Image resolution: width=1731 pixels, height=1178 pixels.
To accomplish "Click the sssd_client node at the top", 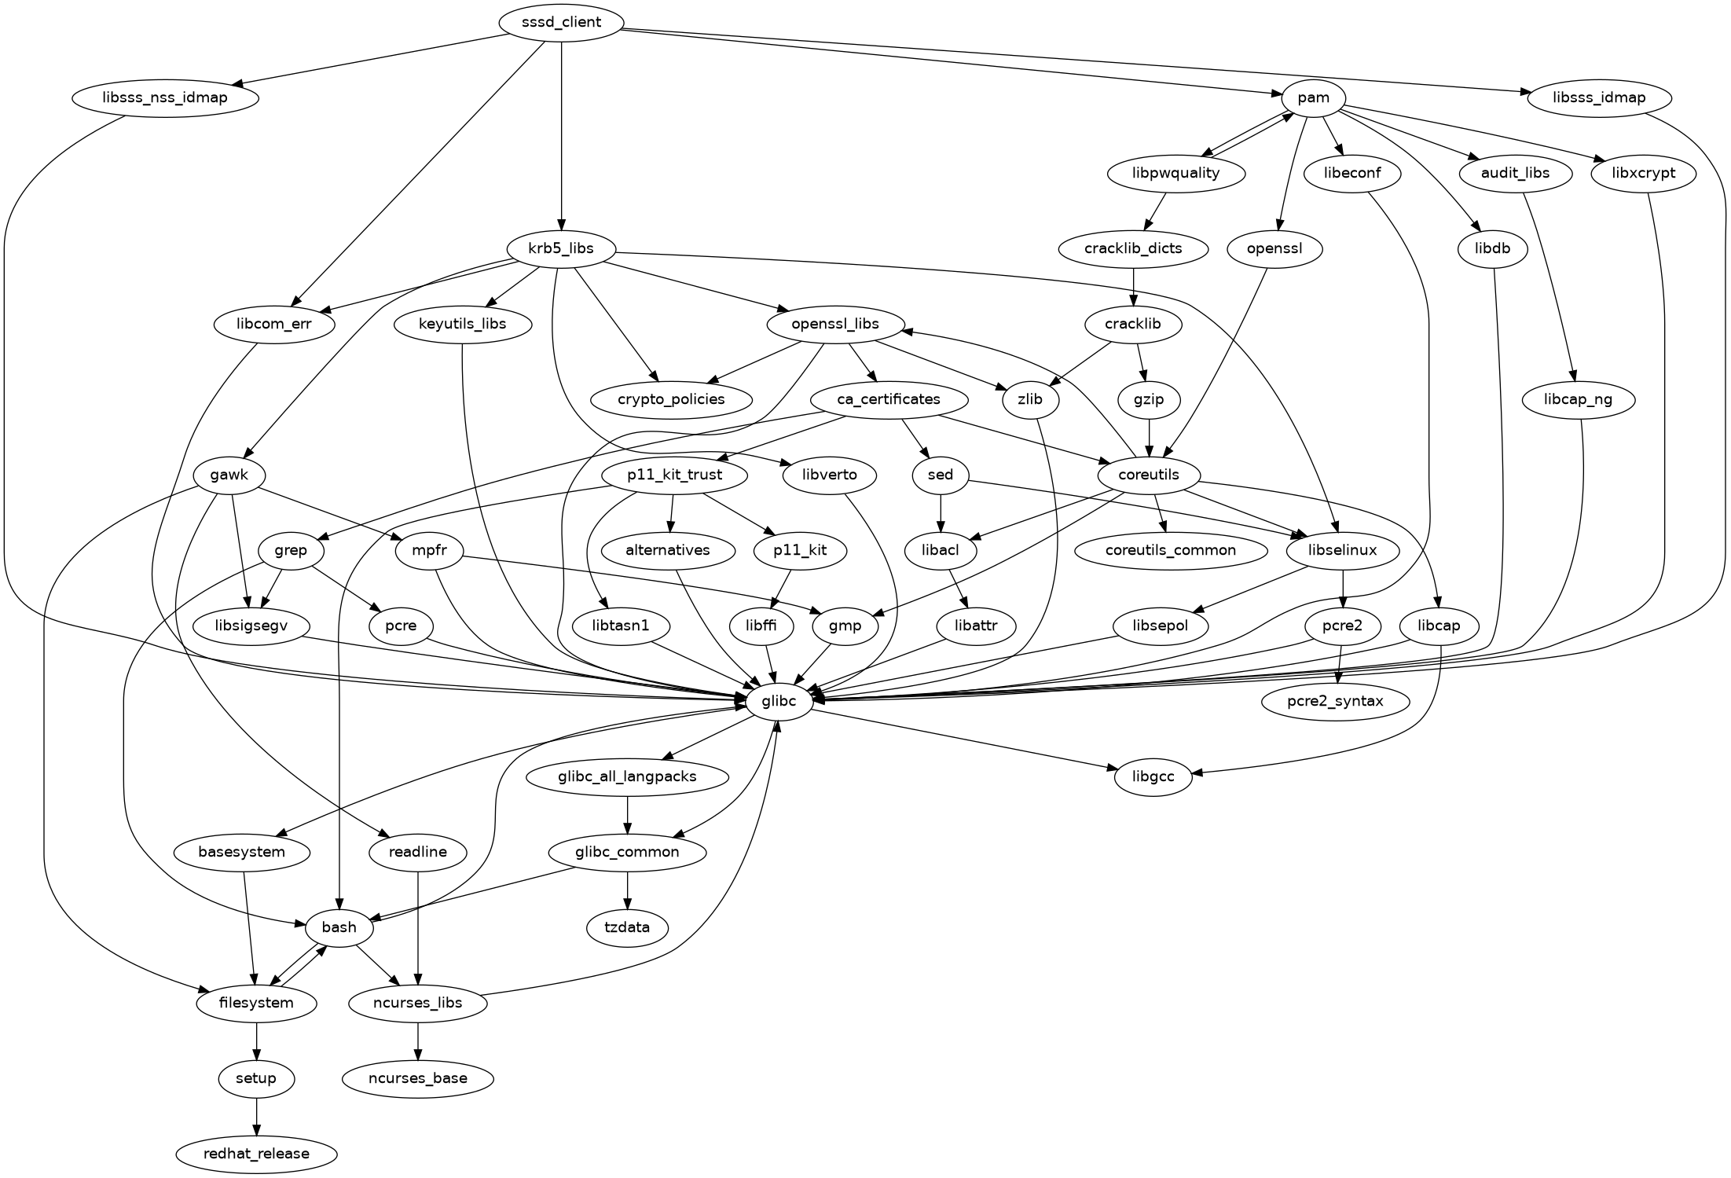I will (561, 22).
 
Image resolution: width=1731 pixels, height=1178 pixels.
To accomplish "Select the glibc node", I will (778, 701).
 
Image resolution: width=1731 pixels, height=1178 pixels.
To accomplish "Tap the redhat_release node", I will (256, 1154).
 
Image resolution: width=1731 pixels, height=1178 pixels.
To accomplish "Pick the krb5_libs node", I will (561, 249).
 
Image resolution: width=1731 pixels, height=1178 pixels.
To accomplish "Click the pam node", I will (1313, 97).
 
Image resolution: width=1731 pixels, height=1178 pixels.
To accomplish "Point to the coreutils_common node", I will (1170, 550).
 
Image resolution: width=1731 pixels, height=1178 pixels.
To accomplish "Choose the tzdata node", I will (627, 927).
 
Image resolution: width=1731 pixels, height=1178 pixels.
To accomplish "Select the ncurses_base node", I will (418, 1078).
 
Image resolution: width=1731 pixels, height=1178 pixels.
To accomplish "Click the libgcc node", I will (1153, 777).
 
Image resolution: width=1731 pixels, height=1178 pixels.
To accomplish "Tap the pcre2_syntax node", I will (1335, 701).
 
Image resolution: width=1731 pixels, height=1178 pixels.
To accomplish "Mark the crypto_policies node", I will (670, 399).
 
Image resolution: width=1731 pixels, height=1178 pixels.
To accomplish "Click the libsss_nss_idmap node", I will (165, 97).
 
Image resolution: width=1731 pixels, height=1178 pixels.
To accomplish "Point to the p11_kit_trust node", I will (674, 475).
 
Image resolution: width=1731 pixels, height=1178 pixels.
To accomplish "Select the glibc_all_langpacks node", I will (627, 777).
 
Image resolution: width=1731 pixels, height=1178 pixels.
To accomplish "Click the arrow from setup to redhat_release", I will (256, 1116).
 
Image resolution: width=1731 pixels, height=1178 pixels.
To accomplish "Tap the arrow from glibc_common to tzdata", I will (627, 890).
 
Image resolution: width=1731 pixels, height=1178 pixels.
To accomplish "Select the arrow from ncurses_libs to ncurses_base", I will (418, 1040).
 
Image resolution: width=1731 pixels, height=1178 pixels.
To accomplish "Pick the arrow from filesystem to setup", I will (256, 1041).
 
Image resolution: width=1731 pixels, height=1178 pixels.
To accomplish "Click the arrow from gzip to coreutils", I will (1150, 437).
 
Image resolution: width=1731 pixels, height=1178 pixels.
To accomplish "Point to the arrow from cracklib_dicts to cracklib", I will (1132, 287).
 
